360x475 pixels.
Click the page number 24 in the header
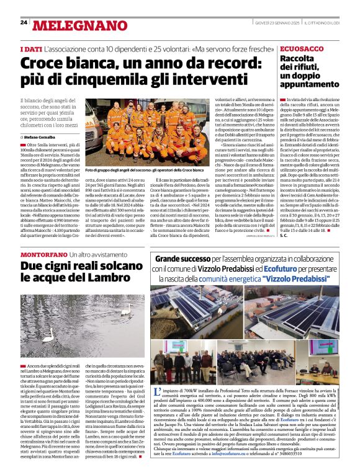(24, 22)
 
